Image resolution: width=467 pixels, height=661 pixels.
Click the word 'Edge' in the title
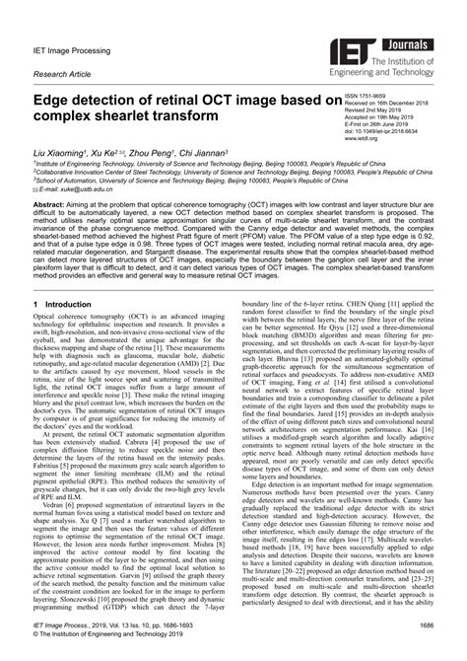(x=58, y=101)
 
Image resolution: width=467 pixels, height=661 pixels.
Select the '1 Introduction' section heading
(x=62, y=305)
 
